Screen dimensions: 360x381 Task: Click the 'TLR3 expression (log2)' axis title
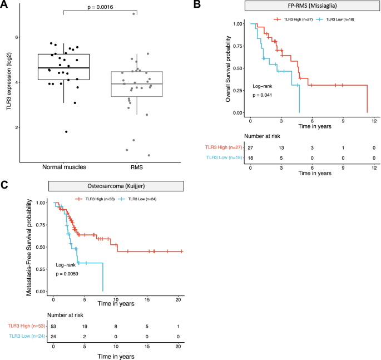pyautogui.click(x=8, y=82)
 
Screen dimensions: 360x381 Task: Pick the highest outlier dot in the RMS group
pyautogui.click(x=133, y=13)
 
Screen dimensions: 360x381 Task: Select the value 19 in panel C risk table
pyautogui.click(x=85, y=326)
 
